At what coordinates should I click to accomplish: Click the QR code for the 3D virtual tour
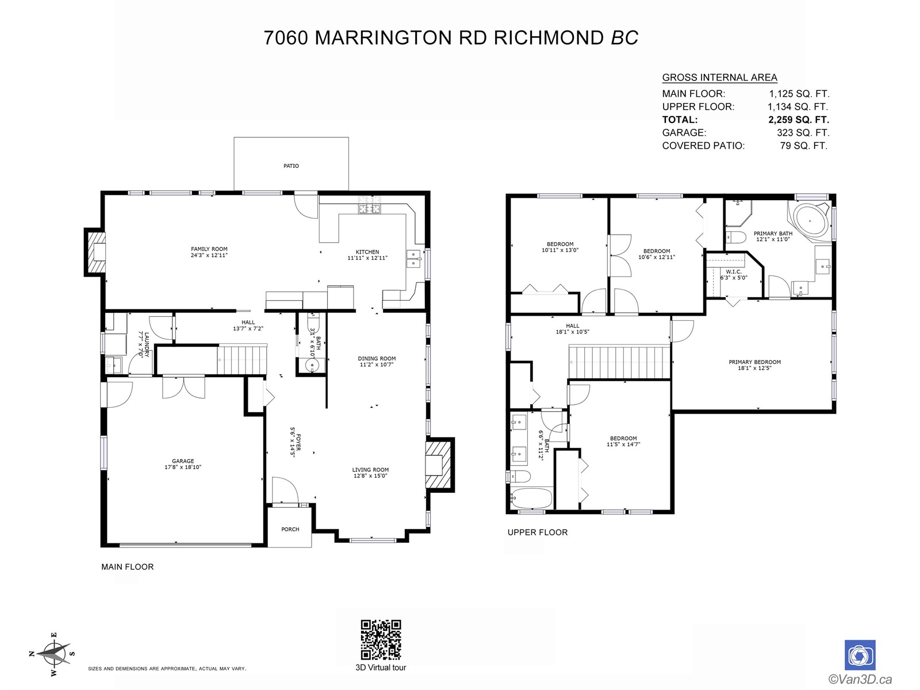click(381, 639)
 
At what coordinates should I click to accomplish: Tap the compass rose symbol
click(53, 654)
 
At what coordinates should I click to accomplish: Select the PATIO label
click(291, 166)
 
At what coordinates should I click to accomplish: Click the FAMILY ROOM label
click(209, 249)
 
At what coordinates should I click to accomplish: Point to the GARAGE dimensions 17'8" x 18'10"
click(183, 467)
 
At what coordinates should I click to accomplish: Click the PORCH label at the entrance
click(290, 530)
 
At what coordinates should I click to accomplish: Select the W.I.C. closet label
click(734, 272)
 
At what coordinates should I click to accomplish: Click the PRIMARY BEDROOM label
click(754, 362)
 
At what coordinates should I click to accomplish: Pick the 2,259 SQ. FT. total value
click(799, 120)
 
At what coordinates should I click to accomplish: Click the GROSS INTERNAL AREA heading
click(719, 78)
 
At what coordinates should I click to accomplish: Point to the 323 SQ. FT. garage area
click(803, 133)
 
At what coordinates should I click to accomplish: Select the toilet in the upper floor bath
click(520, 476)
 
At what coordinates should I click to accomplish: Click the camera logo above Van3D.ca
click(860, 655)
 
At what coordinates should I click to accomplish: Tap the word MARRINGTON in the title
click(384, 38)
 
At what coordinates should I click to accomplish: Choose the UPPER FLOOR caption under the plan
click(537, 532)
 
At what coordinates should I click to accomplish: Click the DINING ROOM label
click(377, 359)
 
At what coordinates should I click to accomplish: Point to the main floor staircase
click(242, 359)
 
